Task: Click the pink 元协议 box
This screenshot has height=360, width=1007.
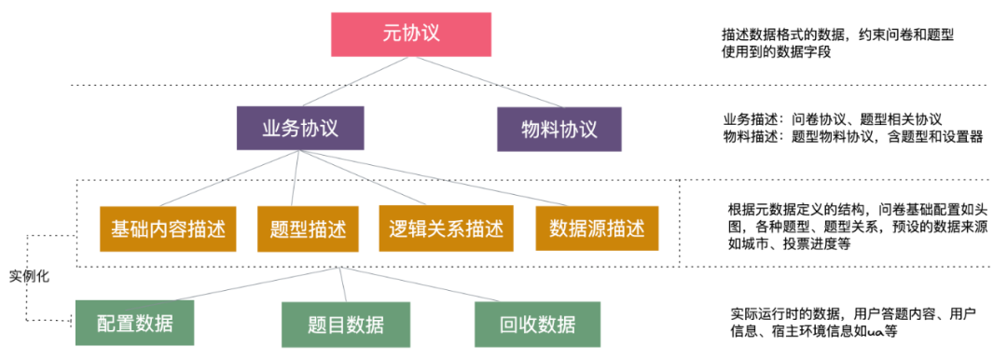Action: [412, 35]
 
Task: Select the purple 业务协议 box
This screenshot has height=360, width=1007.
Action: [300, 129]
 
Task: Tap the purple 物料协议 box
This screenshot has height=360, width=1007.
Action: [559, 129]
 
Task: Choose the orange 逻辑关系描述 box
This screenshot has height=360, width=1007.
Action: [447, 228]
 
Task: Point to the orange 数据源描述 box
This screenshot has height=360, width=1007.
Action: [598, 228]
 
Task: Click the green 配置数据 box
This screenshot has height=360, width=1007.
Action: [135, 324]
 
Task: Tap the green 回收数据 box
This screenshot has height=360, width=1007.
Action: [538, 325]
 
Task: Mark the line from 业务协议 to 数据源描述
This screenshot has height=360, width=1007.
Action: [447, 179]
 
